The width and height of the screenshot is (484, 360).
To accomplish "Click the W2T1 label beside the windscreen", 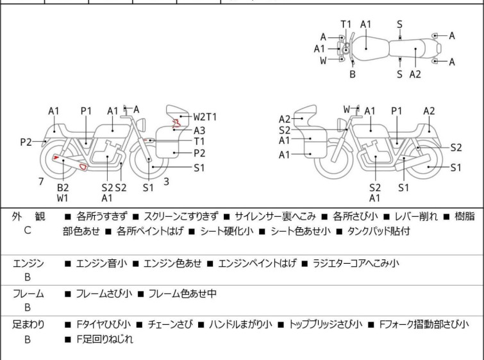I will click(205, 117).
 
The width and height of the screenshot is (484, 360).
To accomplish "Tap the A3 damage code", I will click(199, 130).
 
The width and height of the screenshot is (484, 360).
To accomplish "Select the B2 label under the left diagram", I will click(63, 187).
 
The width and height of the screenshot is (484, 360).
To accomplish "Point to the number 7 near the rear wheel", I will click(41, 182).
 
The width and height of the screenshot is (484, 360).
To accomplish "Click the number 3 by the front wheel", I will click(166, 182).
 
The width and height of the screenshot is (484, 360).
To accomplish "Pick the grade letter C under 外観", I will click(28, 230).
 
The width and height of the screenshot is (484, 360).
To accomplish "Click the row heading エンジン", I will click(28, 263).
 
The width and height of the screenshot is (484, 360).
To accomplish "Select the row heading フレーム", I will click(28, 294).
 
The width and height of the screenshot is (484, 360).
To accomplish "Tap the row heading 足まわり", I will click(28, 325).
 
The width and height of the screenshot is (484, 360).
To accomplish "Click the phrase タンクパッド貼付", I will click(378, 231).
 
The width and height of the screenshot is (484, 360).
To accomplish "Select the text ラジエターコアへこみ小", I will click(355, 263).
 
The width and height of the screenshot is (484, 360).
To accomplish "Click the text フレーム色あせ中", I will click(182, 294).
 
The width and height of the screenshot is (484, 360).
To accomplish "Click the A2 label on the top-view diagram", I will click(415, 74).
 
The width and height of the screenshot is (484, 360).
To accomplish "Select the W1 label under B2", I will click(63, 198).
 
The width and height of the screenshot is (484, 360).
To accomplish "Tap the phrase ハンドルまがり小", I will click(240, 325).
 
